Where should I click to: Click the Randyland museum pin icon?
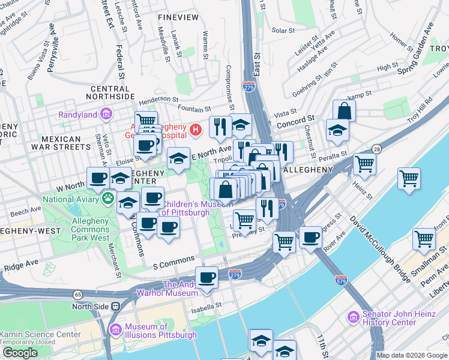click(106, 113)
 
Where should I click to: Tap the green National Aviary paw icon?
click(108, 197)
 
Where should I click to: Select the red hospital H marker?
click(195, 129)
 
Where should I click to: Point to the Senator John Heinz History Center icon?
click(354, 316)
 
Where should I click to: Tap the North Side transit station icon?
click(116, 306)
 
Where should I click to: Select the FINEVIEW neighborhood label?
click(178, 17)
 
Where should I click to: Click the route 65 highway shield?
click(78, 294)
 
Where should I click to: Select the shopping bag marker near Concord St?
click(345, 110)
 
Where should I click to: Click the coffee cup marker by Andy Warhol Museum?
click(207, 277)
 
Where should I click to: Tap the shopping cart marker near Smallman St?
click(424, 239)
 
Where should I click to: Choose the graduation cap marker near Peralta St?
click(337, 130)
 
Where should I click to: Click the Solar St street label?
click(280, 29)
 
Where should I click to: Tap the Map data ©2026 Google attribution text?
click(412, 355)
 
